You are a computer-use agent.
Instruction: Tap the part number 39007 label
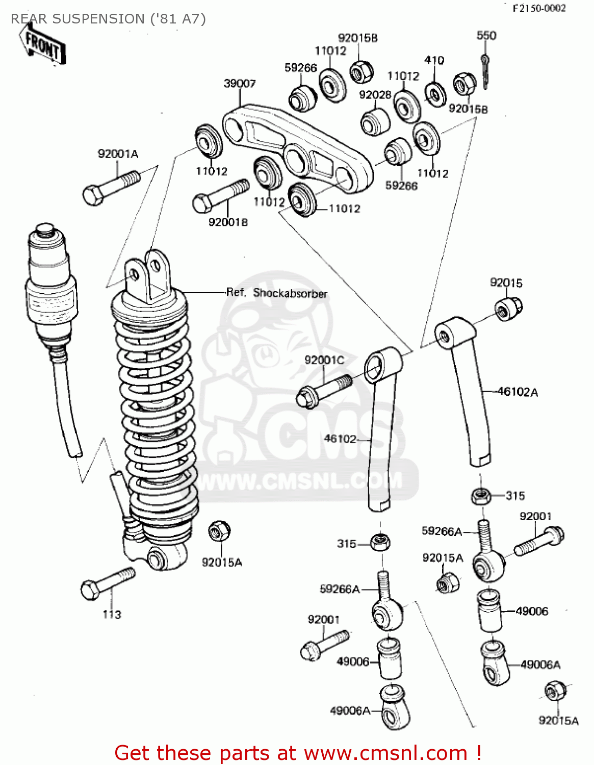pyautogui.click(x=240, y=83)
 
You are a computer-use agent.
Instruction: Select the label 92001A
pyautogui.click(x=118, y=154)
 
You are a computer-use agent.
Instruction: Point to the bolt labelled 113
pyautogui.click(x=108, y=583)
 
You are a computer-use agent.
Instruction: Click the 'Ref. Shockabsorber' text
pyautogui.click(x=276, y=293)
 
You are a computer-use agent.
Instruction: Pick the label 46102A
pyautogui.click(x=518, y=392)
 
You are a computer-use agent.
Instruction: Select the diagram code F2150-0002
pyautogui.click(x=539, y=8)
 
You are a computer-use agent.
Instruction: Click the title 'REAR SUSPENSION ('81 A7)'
pyautogui.click(x=108, y=19)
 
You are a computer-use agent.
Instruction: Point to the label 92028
pyautogui.click(x=375, y=95)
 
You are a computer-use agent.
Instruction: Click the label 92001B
pyautogui.click(x=228, y=222)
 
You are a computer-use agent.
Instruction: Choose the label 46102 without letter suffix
pyautogui.click(x=340, y=439)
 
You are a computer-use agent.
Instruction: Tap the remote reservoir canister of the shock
pyautogui.click(x=50, y=286)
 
